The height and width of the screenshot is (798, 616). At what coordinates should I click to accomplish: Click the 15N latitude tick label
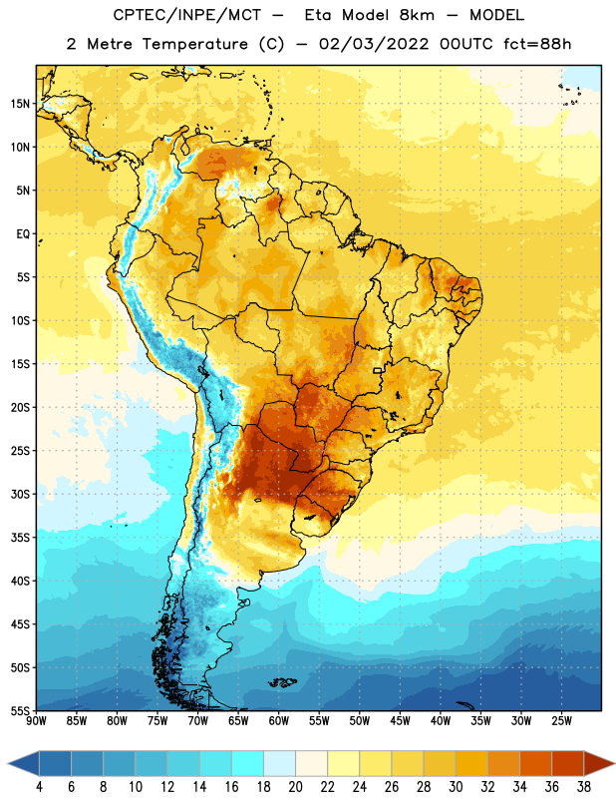[x=20, y=104]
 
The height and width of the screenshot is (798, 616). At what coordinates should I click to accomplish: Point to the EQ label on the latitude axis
[x=23, y=234]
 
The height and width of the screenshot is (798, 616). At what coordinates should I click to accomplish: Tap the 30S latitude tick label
[x=20, y=494]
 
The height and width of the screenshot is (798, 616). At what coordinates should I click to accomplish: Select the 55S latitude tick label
[x=20, y=710]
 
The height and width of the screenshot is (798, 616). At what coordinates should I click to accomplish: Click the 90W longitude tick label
[x=36, y=721]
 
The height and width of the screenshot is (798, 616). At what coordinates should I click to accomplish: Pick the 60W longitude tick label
[x=279, y=721]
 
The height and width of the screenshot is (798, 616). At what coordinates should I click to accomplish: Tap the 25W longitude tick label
[x=561, y=721]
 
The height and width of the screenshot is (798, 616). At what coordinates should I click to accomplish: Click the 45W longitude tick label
[x=400, y=721]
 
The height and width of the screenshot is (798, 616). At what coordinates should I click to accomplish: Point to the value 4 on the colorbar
[x=39, y=787]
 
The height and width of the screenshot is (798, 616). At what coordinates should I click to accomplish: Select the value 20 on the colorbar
[x=295, y=787]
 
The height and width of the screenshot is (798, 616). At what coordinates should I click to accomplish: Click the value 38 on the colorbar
[x=583, y=787]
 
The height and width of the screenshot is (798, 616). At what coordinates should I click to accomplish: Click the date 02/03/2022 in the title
[x=374, y=44]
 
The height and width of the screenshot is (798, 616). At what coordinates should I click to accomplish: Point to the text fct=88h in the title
[x=537, y=44]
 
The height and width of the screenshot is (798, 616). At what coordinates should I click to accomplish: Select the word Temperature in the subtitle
[x=194, y=44]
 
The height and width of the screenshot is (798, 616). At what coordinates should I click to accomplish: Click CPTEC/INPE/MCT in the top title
[x=187, y=15]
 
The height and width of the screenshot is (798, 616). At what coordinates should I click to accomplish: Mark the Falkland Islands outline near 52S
[x=282, y=682]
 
